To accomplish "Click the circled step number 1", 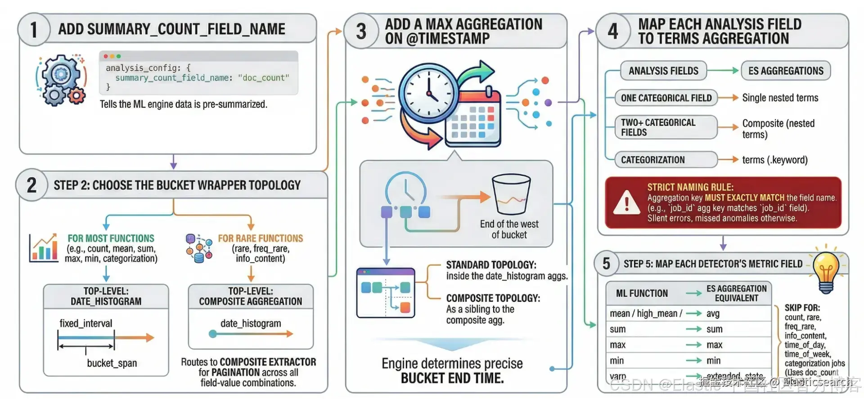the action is pyautogui.click(x=34, y=30).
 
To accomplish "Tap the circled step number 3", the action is pyautogui.click(x=361, y=31).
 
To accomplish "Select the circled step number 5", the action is pyautogui.click(x=606, y=264).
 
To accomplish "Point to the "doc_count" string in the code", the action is pyautogui.click(x=264, y=78).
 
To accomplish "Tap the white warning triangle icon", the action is pyautogui.click(x=627, y=203).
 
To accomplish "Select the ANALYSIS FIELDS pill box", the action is pyautogui.click(x=663, y=71).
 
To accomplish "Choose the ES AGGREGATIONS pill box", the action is pyautogui.click(x=786, y=71).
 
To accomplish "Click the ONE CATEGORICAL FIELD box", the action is pyautogui.click(x=666, y=98).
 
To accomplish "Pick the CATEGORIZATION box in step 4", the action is pyautogui.click(x=666, y=160).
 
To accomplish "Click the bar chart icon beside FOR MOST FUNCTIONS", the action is pyautogui.click(x=44, y=248).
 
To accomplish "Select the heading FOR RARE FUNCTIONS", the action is pyautogui.click(x=261, y=238).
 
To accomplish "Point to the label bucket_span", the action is pyautogui.click(x=112, y=363).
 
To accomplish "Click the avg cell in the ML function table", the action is pyautogui.click(x=713, y=314).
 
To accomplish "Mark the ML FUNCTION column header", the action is pyautogui.click(x=642, y=293).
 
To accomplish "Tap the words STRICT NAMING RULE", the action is pyautogui.click(x=690, y=187).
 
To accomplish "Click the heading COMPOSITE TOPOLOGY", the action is pyautogui.click(x=493, y=298).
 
